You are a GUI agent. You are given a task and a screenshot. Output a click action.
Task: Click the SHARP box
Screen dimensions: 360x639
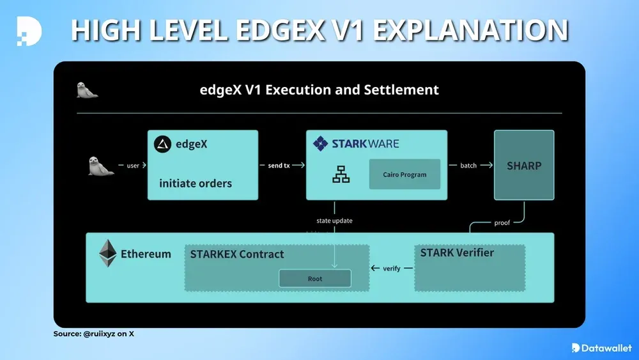point(524,166)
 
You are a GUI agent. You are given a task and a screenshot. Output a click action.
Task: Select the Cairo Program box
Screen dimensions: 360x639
point(404,174)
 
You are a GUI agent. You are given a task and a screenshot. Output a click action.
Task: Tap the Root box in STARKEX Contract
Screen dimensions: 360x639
point(314,279)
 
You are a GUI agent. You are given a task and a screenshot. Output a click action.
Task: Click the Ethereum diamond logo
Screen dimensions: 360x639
point(108,253)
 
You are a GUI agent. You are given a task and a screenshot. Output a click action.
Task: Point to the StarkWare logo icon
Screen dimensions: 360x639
point(320,143)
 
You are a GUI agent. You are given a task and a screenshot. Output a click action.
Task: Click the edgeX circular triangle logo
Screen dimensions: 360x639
point(163,145)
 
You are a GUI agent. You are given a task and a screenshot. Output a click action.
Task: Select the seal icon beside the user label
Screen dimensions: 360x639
point(100,166)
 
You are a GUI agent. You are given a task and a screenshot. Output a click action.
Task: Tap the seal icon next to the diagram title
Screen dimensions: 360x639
point(87,90)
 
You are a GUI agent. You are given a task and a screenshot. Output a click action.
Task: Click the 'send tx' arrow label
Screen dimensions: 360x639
point(278,166)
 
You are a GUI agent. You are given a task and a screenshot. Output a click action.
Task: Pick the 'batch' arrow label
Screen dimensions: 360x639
point(468,166)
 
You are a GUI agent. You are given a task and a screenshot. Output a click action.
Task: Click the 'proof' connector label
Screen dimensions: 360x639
point(502,223)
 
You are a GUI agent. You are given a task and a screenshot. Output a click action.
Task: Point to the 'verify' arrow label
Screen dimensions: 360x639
point(392,269)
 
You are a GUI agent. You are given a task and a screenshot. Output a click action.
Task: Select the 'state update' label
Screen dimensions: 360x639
point(334,221)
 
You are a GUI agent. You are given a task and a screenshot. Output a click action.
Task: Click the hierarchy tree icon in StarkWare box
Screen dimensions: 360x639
point(341,175)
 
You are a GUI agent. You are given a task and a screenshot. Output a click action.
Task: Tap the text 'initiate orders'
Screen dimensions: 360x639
point(196,183)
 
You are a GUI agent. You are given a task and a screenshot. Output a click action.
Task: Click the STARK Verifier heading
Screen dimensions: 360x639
point(457,253)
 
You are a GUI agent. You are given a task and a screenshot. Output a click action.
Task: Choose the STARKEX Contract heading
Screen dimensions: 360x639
point(236,254)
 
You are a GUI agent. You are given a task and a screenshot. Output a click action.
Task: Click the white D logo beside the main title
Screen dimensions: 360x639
point(29,30)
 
